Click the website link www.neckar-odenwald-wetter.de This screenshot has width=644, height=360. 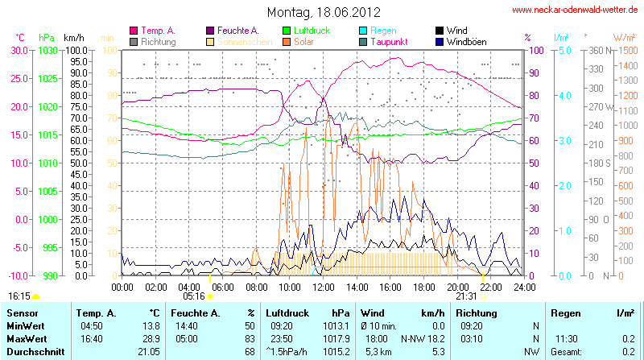[576, 10]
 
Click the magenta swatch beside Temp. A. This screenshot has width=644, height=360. [134, 31]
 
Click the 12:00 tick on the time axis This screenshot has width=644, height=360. [323, 287]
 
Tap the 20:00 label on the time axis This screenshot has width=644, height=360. [457, 287]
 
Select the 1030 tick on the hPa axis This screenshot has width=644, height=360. [47, 50]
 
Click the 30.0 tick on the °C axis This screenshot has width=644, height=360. [19, 50]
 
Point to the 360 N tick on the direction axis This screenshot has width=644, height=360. [597, 50]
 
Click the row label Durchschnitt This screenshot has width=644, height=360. [33, 351]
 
